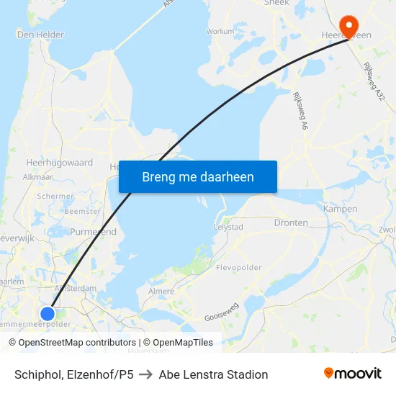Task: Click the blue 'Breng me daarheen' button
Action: (197, 176)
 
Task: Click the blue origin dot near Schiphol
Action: (48, 313)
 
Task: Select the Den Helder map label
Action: (40, 34)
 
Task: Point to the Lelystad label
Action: (228, 227)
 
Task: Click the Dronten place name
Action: (291, 223)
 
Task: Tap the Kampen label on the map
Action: (340, 209)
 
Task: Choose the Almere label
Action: (161, 292)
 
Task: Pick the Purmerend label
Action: (94, 232)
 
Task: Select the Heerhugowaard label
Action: (59, 163)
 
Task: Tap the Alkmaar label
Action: (38, 176)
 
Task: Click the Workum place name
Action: (220, 32)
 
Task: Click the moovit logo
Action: (353, 374)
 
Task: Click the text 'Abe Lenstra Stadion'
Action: (213, 374)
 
